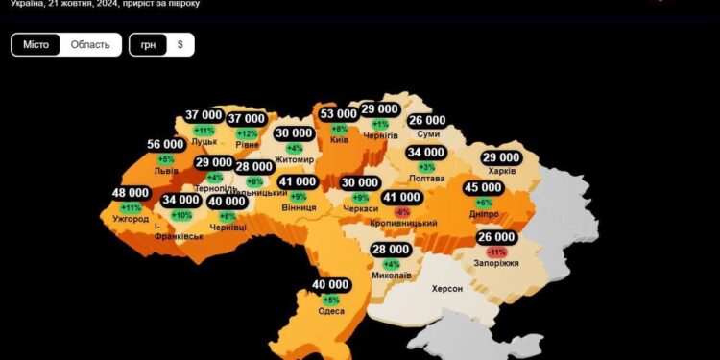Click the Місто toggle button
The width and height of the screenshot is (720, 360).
point(36,45)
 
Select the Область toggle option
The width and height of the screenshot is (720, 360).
point(90,45)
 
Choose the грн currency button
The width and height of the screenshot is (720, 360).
point(148,45)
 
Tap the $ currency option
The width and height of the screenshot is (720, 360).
point(180,45)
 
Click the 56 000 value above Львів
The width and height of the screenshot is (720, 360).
point(166,144)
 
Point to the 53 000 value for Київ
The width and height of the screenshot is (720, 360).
point(339,113)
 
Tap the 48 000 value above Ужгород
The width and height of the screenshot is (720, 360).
point(131,193)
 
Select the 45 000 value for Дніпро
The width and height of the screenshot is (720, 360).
point(483,187)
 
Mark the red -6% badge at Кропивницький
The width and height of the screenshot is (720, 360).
point(401,211)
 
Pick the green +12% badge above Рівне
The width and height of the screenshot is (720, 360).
point(247,133)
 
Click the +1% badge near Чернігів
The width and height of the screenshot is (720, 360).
point(380,124)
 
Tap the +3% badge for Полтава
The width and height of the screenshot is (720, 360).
point(426,167)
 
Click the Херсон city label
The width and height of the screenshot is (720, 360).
point(447,289)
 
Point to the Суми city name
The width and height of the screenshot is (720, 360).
point(428,135)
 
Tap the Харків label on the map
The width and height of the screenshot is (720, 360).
point(501,171)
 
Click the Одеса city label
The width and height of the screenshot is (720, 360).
point(331,311)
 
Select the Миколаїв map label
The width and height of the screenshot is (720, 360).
point(391,276)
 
